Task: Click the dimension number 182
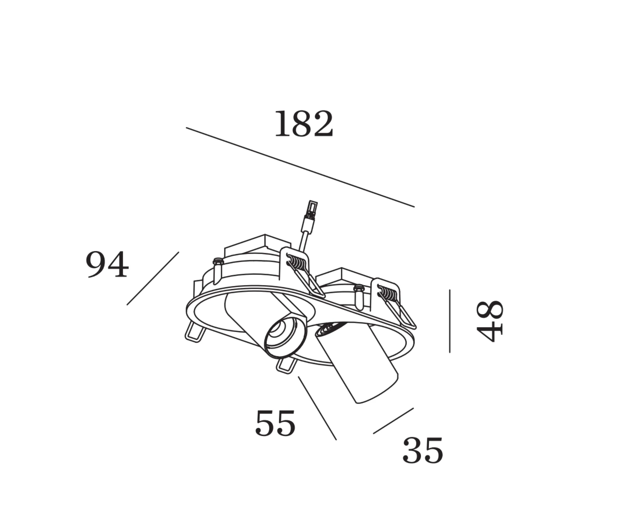click(304, 124)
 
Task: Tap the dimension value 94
click(107, 264)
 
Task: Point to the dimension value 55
click(275, 423)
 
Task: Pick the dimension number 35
click(423, 450)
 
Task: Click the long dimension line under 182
click(300, 167)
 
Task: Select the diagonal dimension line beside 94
click(153, 278)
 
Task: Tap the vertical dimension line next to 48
click(450, 321)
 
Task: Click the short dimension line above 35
click(393, 421)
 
